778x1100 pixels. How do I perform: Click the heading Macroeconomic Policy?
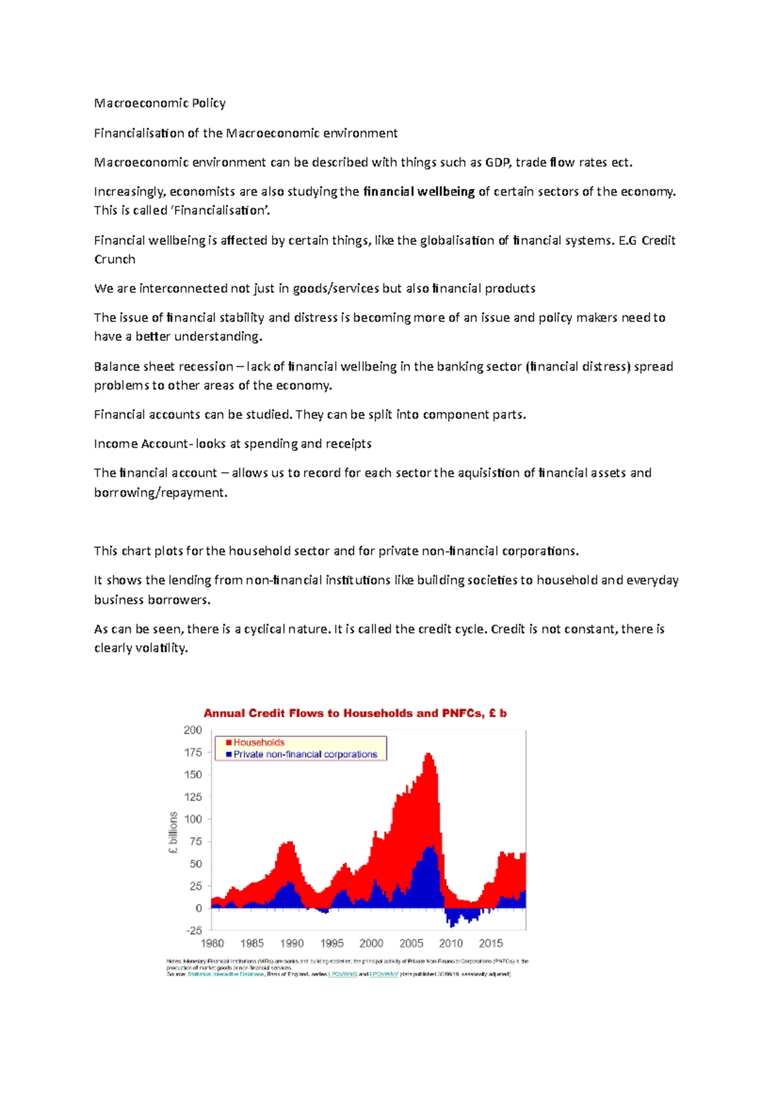[159, 103]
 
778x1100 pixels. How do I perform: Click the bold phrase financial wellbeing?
[419, 192]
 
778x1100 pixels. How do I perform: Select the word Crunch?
[115, 259]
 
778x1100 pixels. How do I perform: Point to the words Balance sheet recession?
[163, 367]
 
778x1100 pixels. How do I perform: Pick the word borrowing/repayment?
[160, 493]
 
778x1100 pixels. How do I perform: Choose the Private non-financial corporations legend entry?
[305, 754]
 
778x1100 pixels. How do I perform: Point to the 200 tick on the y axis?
[193, 730]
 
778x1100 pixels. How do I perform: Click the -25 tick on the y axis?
[194, 931]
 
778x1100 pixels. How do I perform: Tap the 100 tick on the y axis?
[193, 819]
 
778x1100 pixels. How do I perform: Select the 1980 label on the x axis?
[212, 943]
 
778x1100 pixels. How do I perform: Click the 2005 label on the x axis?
[411, 943]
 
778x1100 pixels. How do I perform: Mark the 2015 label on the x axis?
[491, 943]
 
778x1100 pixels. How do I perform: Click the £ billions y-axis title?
[173, 832]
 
